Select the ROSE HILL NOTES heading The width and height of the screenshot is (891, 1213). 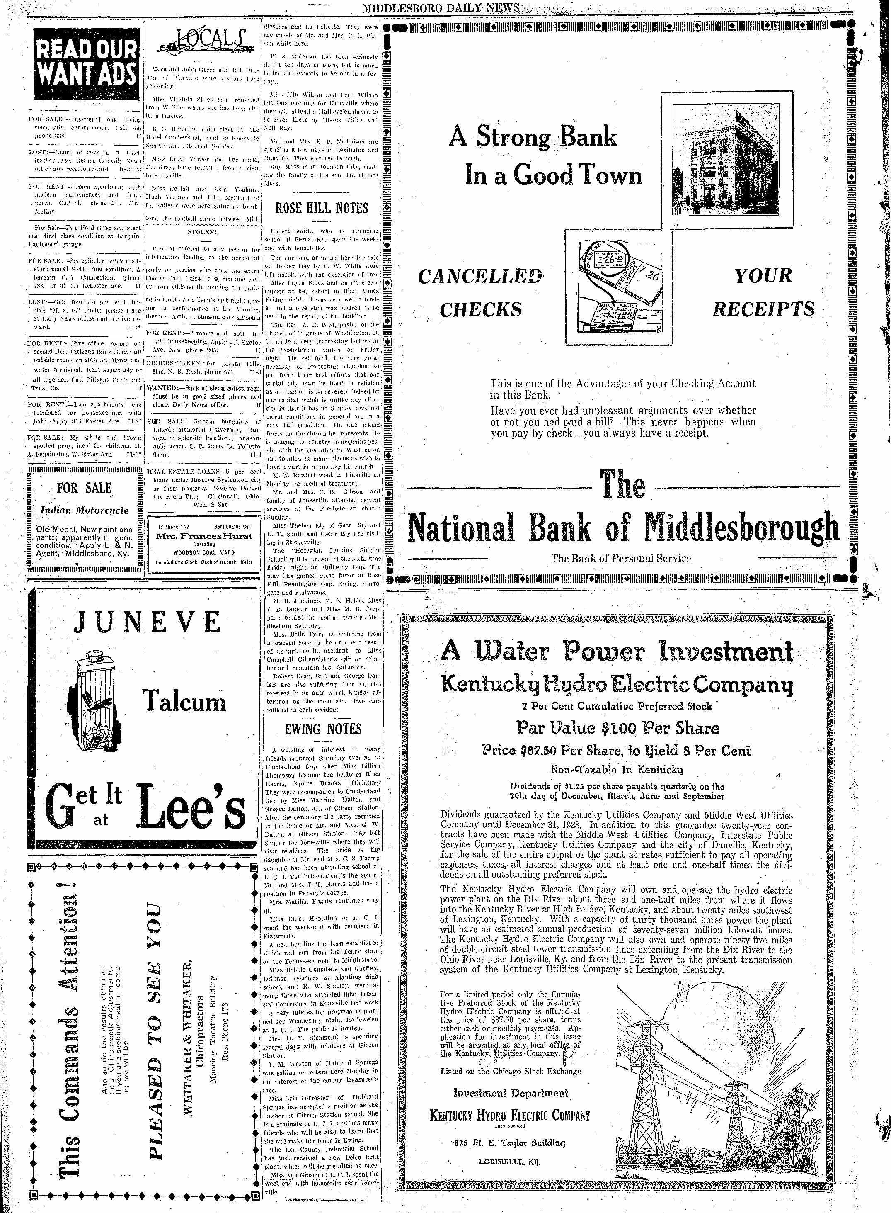[322, 208]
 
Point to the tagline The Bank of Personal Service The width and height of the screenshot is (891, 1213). [620, 559]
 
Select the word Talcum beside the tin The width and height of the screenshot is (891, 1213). [184, 702]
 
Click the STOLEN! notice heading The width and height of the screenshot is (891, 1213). [202, 231]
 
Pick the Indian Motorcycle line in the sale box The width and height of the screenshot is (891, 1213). [85, 510]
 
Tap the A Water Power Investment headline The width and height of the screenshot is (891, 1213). [617, 652]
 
